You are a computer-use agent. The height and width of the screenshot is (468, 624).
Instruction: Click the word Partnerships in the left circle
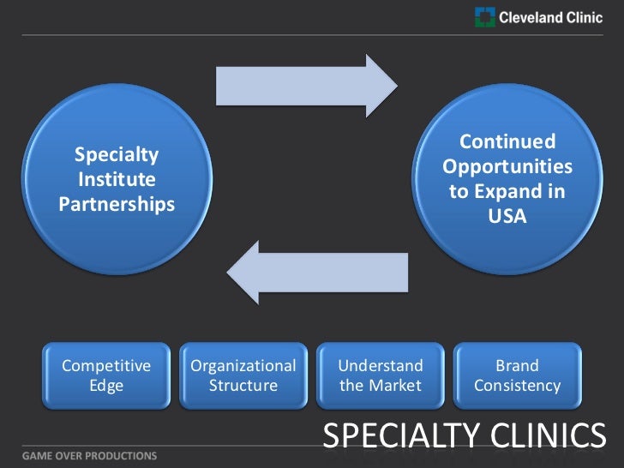(117, 205)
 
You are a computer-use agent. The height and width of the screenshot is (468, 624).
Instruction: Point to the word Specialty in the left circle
(117, 155)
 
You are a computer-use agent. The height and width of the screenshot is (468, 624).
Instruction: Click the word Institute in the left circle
(117, 180)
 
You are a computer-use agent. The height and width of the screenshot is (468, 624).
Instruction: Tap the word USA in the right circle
(507, 217)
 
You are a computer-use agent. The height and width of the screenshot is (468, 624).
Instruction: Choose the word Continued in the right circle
(507, 142)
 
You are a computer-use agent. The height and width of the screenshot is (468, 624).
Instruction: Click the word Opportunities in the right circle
(507, 167)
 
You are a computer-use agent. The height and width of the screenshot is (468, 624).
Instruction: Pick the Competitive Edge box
(106, 375)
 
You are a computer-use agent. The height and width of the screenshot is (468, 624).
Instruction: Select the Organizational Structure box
(243, 375)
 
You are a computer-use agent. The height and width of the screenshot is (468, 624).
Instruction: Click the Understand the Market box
(381, 375)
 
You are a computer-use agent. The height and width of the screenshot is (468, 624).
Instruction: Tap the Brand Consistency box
(518, 375)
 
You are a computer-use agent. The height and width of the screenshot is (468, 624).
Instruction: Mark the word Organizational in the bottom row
(243, 366)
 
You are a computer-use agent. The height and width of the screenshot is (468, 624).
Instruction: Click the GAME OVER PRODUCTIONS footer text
(78, 454)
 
